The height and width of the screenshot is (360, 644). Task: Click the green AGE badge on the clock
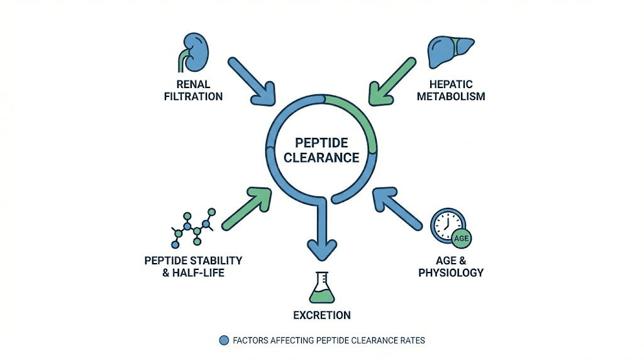(x=462, y=239)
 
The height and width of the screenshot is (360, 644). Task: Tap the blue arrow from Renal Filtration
(x=251, y=81)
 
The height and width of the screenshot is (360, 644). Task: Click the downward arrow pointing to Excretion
(x=321, y=233)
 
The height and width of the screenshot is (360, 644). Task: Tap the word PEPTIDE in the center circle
(x=321, y=143)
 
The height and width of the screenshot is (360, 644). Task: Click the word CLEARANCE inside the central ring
(x=321, y=157)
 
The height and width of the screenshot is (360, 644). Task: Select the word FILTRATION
(x=194, y=97)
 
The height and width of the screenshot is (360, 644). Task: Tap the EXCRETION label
(x=321, y=315)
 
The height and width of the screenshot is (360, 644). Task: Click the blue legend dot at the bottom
(x=223, y=340)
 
